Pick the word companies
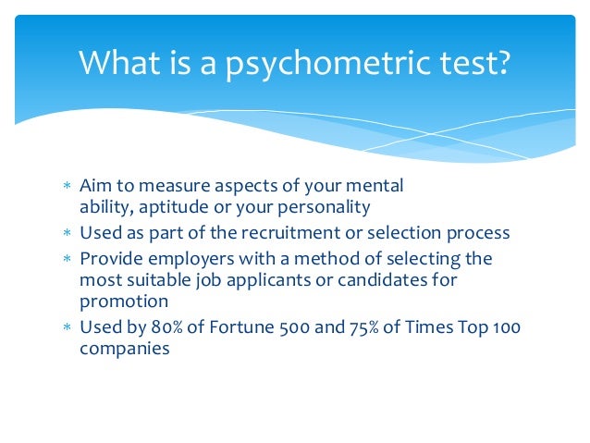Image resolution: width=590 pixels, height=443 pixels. (x=124, y=351)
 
